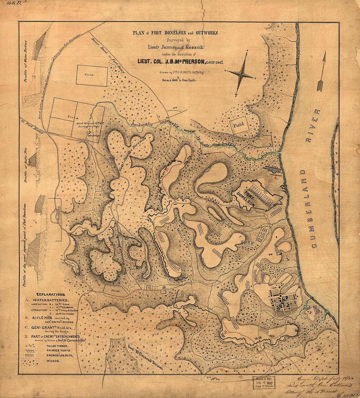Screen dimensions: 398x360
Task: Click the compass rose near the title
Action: (x=242, y=75)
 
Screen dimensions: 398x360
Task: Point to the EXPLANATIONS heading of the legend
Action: (x=51, y=295)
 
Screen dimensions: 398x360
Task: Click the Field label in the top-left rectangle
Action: (x=89, y=75)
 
